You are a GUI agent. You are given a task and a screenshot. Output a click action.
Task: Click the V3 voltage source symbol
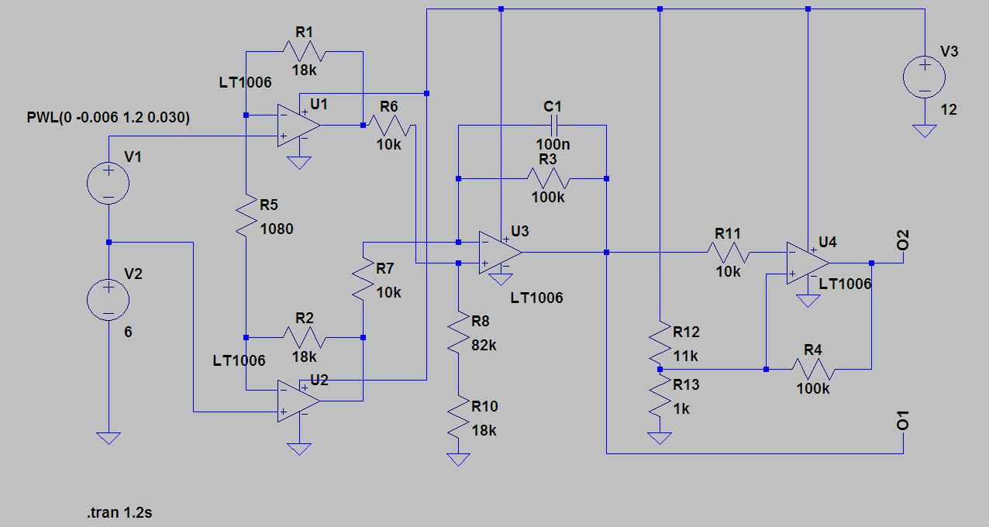[924, 77]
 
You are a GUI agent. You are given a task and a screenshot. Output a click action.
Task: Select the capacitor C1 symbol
[554, 126]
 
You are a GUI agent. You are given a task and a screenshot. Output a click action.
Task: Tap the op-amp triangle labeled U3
[500, 253]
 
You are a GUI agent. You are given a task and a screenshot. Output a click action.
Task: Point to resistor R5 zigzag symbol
[246, 215]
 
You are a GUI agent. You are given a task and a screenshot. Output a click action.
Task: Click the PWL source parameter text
[109, 117]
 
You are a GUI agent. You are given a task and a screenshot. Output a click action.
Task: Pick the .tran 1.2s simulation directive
[119, 512]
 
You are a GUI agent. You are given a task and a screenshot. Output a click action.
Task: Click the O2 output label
[902, 240]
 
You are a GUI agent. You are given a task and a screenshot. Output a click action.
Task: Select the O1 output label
[902, 421]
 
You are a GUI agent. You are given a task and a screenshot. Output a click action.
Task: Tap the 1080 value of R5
[277, 229]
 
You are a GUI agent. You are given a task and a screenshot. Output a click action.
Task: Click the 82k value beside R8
[484, 345]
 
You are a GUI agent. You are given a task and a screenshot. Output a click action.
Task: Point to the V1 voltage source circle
[109, 183]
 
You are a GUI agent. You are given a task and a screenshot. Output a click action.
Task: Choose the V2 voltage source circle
[109, 300]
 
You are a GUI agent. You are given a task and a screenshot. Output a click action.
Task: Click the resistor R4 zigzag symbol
[813, 369]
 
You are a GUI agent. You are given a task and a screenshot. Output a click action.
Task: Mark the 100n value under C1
[553, 144]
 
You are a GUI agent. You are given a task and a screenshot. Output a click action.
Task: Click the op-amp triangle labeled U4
[808, 263]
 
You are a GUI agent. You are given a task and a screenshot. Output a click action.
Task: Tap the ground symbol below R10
[458, 460]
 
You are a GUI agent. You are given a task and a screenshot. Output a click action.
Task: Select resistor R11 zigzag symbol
[729, 253]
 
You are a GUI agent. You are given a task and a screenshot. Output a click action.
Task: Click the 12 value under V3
[949, 109]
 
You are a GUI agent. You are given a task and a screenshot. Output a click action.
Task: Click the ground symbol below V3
[925, 131]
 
